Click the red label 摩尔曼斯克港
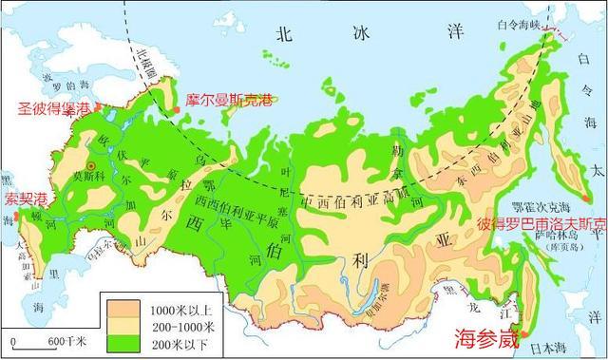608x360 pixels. click(x=227, y=99)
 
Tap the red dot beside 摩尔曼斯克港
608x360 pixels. click(x=177, y=112)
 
